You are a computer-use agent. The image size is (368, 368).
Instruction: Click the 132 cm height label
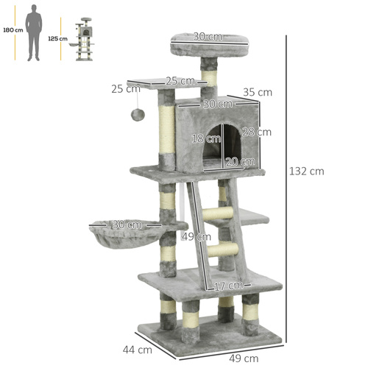pos(306,171)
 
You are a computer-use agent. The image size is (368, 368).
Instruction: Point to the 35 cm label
pos(258,93)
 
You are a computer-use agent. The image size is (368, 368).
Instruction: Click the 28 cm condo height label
pos(258,132)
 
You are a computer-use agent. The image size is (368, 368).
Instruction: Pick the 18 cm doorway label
pos(199,138)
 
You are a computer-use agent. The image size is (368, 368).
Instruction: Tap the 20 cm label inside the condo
pos(235,161)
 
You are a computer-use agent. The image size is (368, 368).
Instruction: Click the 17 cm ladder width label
pos(228,286)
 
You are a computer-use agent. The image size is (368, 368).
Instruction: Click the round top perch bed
pos(197,43)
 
